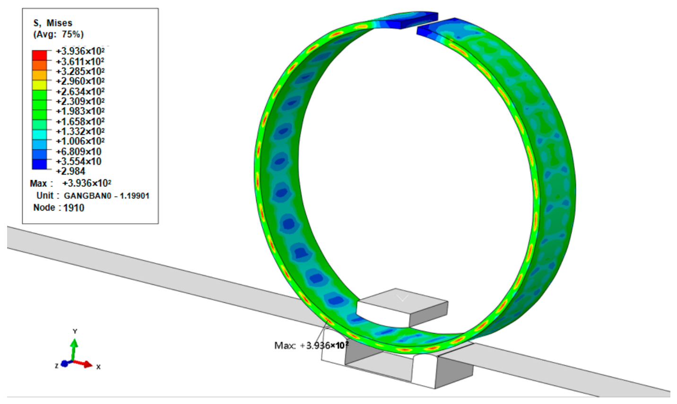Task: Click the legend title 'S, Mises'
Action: point(52,23)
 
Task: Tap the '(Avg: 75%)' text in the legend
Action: point(58,34)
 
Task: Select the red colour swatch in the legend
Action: point(39,55)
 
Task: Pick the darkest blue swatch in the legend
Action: point(39,164)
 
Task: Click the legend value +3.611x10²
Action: point(80,61)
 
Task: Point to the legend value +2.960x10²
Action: point(80,81)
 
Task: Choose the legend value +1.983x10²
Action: point(80,111)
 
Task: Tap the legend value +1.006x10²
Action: point(80,141)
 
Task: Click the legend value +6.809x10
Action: point(78,151)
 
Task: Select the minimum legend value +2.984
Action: point(71,171)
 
